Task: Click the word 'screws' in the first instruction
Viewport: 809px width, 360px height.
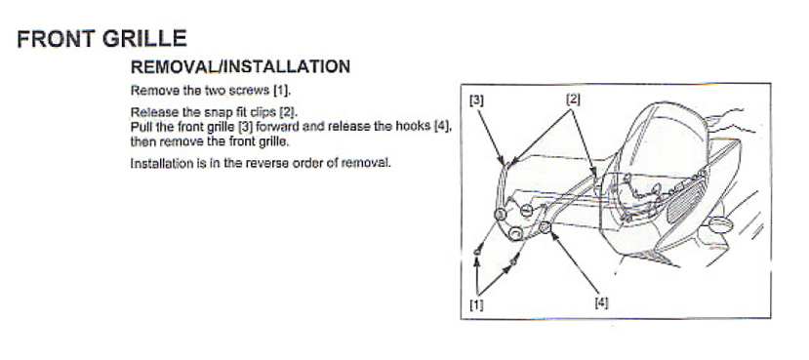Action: coord(237,90)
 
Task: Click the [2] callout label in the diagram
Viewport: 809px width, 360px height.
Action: coord(574,100)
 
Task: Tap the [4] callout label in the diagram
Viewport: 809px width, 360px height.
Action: coord(600,303)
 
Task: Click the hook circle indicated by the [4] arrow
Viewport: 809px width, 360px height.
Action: coord(545,229)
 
